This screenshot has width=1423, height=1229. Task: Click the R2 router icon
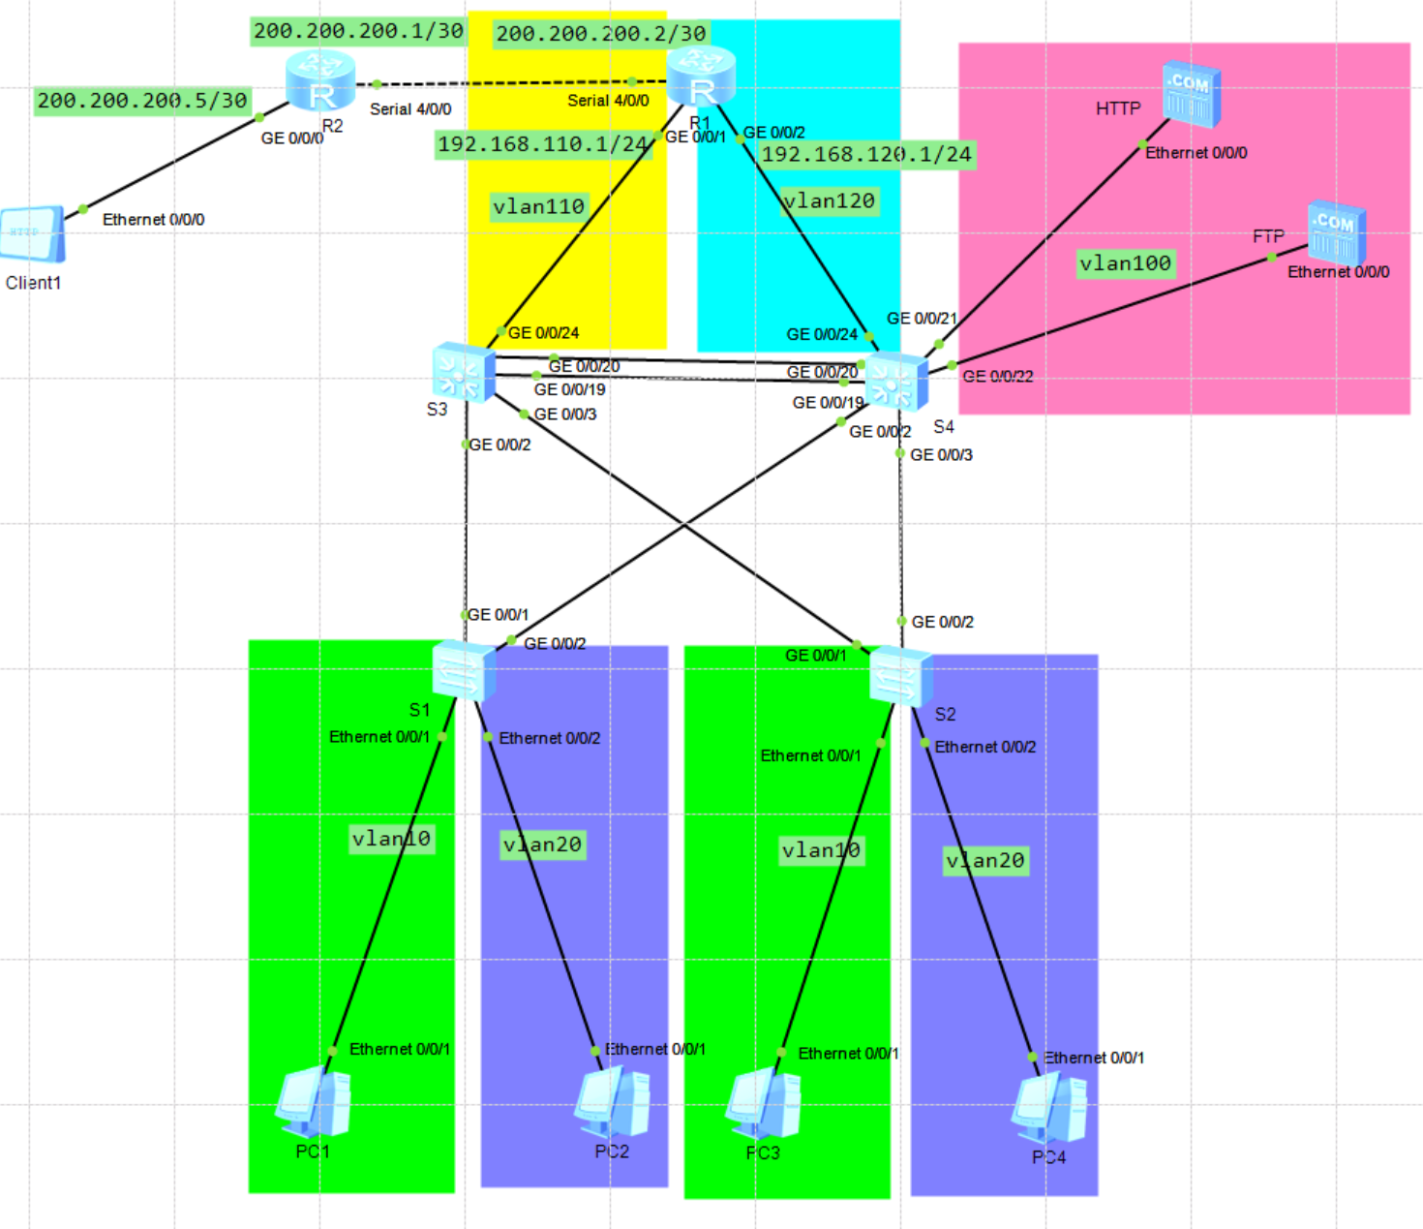[320, 80]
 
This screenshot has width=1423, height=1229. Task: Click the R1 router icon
[701, 77]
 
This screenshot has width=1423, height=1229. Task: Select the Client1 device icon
[33, 233]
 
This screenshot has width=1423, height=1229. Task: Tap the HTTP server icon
[1192, 94]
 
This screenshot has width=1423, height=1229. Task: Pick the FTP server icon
[1336, 232]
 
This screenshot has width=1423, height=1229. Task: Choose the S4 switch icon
[896, 381]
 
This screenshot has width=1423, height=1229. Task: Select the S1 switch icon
[464, 669]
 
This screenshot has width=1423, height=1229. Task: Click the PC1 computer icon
[314, 1101]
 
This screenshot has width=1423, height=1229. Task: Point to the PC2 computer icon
[613, 1104]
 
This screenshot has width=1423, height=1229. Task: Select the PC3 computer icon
[764, 1105]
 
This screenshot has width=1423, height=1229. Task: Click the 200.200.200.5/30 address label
[142, 101]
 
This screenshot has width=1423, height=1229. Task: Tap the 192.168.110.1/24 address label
[542, 144]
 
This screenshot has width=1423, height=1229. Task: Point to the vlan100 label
[1126, 263]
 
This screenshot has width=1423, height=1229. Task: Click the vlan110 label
[538, 207]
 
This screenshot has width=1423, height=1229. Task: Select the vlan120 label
[830, 201]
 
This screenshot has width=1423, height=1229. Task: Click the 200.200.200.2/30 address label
[601, 34]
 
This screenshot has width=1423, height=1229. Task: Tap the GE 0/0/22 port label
[998, 377]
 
